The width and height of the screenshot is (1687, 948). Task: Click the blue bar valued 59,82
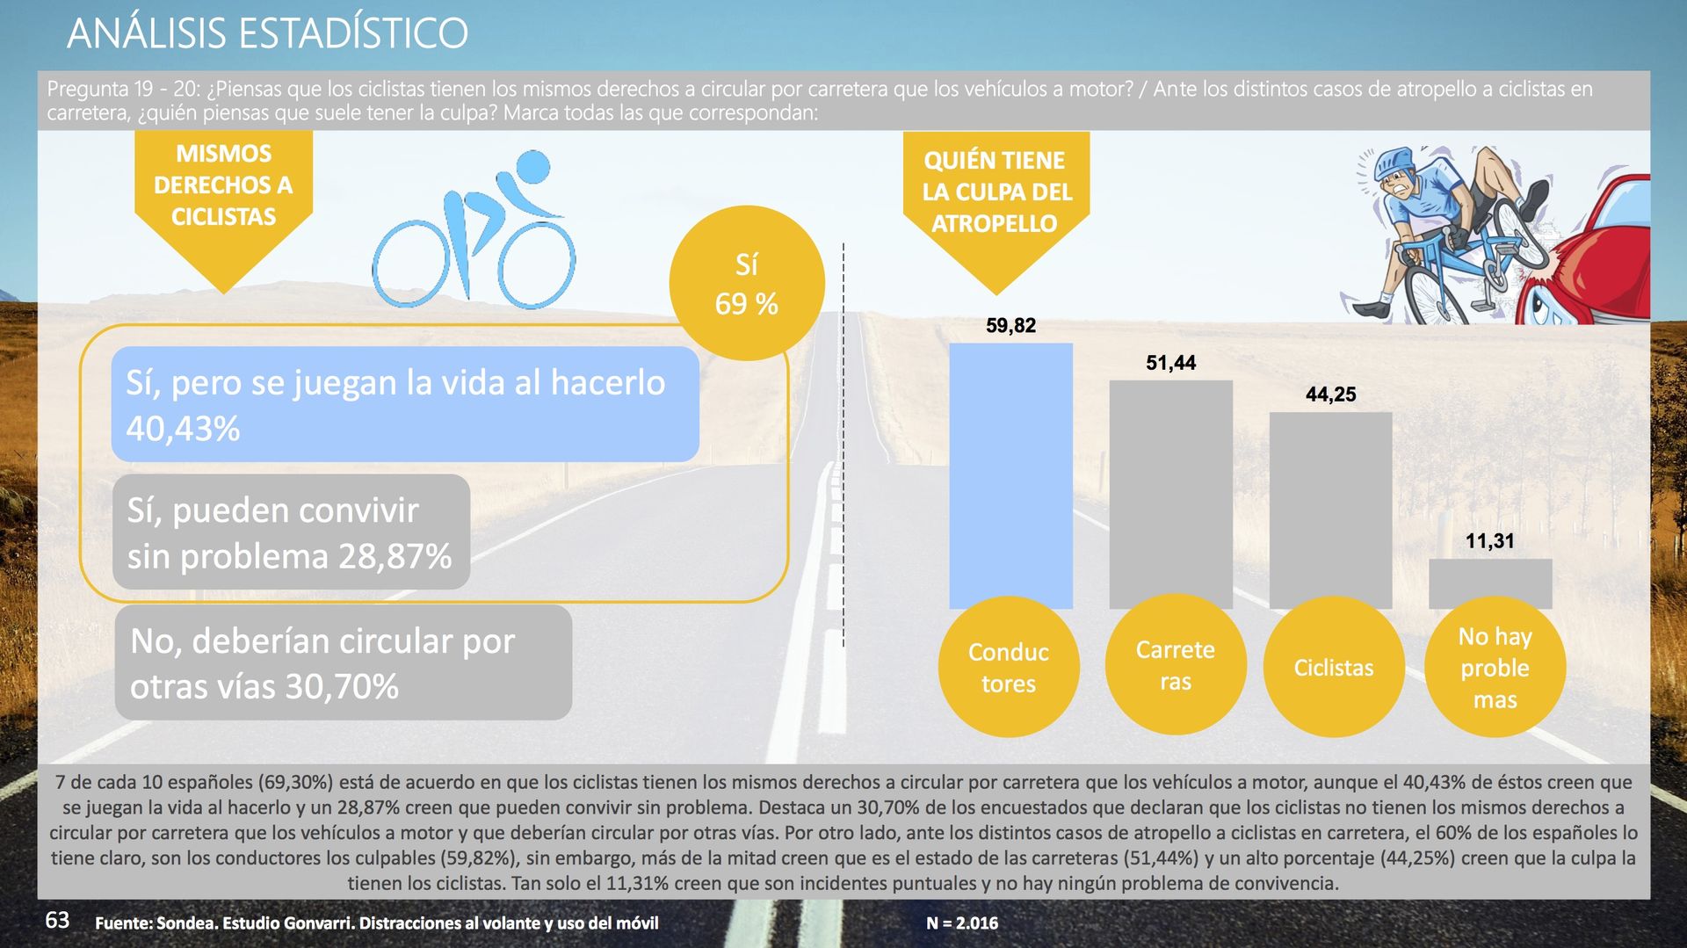[1010, 474]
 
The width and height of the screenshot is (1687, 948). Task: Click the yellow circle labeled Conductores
[1009, 667]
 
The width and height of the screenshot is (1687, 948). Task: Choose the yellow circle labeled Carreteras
[1176, 665]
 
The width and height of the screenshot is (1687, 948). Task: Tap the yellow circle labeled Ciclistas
[1334, 667]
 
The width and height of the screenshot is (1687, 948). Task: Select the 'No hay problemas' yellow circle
[1495, 667]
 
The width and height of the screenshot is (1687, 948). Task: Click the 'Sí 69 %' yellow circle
[747, 283]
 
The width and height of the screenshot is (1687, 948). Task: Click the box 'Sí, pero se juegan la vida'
[405, 404]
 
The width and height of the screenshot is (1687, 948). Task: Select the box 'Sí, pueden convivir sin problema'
[291, 532]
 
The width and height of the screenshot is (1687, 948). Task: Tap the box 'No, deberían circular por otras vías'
[344, 662]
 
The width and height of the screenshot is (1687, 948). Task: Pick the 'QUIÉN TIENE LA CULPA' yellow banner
[996, 202]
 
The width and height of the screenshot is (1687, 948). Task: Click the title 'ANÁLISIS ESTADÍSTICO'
[267, 33]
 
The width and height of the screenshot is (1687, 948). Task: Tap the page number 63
[57, 920]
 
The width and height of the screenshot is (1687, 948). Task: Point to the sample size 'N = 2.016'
[962, 923]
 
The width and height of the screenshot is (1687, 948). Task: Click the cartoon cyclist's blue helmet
[1395, 162]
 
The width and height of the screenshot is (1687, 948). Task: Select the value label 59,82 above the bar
[1010, 326]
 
